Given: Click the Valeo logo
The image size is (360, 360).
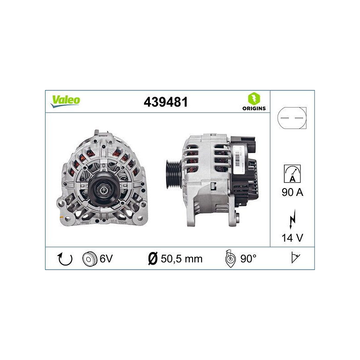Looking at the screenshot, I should click(65, 101).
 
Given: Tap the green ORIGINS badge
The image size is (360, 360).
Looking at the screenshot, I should click(254, 102).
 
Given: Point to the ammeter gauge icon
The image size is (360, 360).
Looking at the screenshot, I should click(292, 173).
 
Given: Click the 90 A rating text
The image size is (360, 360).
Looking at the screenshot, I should click(292, 193).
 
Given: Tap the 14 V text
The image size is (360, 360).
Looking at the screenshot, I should click(292, 238).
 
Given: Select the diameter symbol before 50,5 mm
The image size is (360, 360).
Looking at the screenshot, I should click(153, 259).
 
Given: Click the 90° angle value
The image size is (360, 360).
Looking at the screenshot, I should click(248, 259).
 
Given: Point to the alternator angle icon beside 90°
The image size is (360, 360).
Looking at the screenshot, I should click(229, 259).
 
